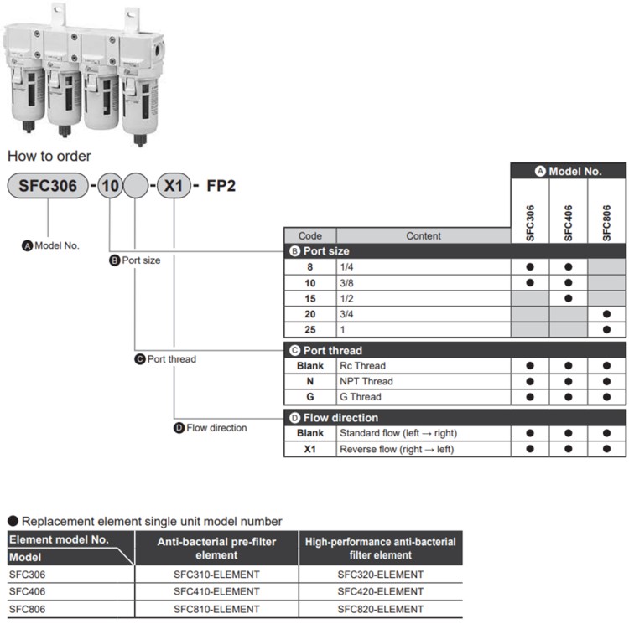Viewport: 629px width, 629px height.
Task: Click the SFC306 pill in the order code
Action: pos(47,185)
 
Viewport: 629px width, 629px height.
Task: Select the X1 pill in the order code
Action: pos(173,185)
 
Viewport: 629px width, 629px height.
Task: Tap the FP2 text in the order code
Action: pos(221,185)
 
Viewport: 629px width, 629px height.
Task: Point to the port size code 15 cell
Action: pos(309,297)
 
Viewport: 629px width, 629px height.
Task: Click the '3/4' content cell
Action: pos(424,313)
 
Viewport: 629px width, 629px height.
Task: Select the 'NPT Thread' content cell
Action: pos(424,381)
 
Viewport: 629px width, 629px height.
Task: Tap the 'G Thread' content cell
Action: pos(424,397)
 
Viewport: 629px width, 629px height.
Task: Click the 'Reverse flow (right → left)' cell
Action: pos(424,449)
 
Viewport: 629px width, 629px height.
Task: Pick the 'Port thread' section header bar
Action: pos(455,350)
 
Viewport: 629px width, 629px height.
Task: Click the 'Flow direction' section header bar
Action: pos(455,417)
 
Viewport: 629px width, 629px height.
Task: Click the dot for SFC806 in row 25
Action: pos(606,329)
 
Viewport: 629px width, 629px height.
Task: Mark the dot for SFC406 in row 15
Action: pos(568,297)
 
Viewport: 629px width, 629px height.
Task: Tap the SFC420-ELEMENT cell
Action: pos(380,591)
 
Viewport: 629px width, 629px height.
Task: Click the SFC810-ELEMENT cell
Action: pos(216,609)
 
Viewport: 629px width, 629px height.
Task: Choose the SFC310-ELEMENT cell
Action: pos(216,575)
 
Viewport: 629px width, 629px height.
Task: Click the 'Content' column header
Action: pos(424,236)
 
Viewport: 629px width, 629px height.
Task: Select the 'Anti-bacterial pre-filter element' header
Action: pos(216,548)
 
